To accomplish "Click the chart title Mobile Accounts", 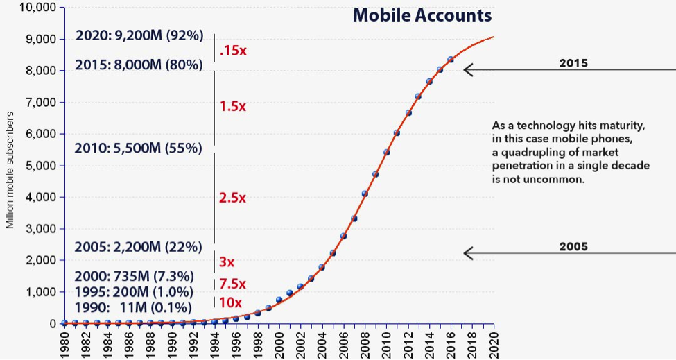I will point(422,15).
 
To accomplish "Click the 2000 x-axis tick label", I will point(279,342).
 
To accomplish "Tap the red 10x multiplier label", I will point(230,302).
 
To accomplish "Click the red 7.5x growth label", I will point(232,284).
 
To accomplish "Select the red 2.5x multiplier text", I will point(232,198).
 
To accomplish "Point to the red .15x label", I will point(232,51).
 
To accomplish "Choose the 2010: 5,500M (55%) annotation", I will point(139,148).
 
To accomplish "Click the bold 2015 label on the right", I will point(573,63).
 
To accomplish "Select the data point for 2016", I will point(451,60).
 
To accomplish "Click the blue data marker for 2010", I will point(386,152).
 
